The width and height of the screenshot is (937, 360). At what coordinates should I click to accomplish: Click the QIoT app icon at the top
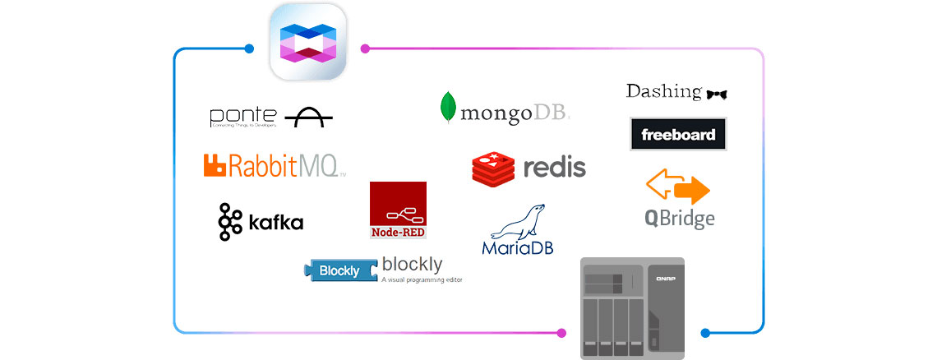pyautogui.click(x=307, y=42)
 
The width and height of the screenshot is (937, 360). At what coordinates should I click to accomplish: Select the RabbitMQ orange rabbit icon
pyautogui.click(x=215, y=165)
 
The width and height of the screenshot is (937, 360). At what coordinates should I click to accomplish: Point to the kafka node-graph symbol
pyautogui.click(x=229, y=221)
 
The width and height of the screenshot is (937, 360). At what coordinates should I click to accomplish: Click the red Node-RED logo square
pyautogui.click(x=398, y=210)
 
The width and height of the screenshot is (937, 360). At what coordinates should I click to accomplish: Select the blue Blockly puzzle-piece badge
pyautogui.click(x=339, y=270)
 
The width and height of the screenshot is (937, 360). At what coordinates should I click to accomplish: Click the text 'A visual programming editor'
pyautogui.click(x=422, y=280)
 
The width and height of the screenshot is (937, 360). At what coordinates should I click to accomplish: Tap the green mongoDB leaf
pyautogui.click(x=449, y=108)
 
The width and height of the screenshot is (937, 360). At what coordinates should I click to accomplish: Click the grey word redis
pyautogui.click(x=555, y=168)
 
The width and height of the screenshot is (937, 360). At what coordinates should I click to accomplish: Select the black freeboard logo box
pyautogui.click(x=678, y=134)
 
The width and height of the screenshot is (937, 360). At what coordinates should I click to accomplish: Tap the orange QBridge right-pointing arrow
pyautogui.click(x=691, y=192)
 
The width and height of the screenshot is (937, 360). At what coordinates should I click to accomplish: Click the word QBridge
pyautogui.click(x=680, y=219)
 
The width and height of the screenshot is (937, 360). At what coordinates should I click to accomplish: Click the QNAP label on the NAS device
pyautogui.click(x=666, y=279)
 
